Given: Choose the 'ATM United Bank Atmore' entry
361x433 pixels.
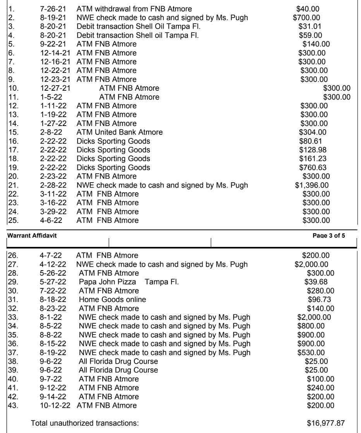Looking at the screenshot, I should click(x=119, y=132).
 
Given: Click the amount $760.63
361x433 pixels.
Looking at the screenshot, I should click(x=313, y=167).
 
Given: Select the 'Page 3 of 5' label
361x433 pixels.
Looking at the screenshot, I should click(x=328, y=236).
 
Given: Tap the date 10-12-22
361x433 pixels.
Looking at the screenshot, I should click(x=56, y=405).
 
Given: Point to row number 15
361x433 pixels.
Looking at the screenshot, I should click(x=13, y=132).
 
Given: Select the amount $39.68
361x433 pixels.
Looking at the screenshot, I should click(x=316, y=282).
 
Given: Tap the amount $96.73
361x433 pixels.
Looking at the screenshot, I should click(x=320, y=299).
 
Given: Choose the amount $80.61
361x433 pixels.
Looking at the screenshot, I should click(x=310, y=141).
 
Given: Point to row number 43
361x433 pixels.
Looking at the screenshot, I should click(x=13, y=405).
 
